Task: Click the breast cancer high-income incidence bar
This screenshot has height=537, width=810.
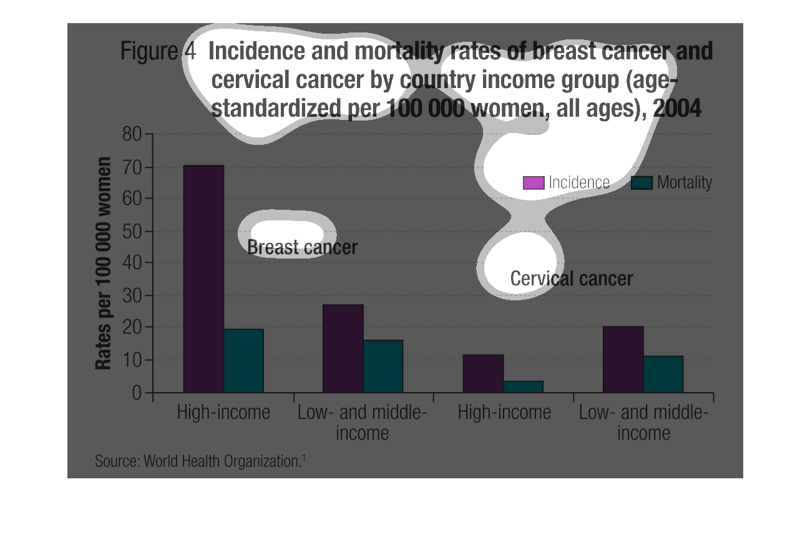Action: pyautogui.click(x=203, y=279)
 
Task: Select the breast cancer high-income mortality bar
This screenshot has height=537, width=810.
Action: pyautogui.click(x=243, y=361)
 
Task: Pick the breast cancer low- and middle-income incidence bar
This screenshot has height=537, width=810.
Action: pyautogui.click(x=343, y=348)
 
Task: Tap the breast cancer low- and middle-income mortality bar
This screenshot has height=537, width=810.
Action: pyautogui.click(x=383, y=366)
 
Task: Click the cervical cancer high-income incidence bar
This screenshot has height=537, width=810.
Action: pyautogui.click(x=483, y=373)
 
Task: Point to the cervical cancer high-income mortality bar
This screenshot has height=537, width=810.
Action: pyautogui.click(x=523, y=387)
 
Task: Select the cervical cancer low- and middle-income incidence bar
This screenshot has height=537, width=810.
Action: pyautogui.click(x=623, y=359)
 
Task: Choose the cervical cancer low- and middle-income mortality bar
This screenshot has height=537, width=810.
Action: pyautogui.click(x=663, y=374)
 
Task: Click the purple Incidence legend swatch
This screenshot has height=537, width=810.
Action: pyautogui.click(x=534, y=183)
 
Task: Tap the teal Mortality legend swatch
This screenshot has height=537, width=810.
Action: pyautogui.click(x=642, y=183)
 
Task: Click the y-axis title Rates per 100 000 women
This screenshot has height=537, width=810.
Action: pyautogui.click(x=104, y=263)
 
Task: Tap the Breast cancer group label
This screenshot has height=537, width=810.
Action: pyautogui.click(x=302, y=247)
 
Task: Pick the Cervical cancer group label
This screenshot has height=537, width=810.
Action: pyautogui.click(x=571, y=278)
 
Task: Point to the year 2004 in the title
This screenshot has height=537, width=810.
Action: pyautogui.click(x=676, y=109)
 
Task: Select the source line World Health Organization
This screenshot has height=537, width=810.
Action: pyautogui.click(x=200, y=461)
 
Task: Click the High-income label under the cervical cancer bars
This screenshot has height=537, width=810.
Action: pyautogui.click(x=504, y=413)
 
